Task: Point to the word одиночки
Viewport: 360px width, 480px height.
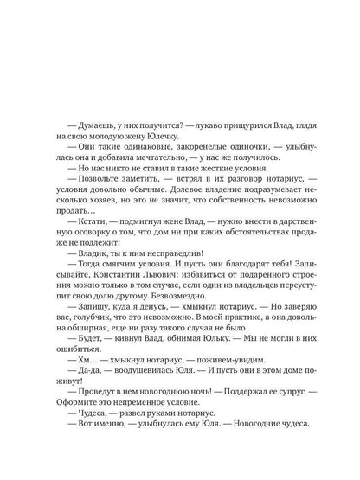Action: tap(210, 152)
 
